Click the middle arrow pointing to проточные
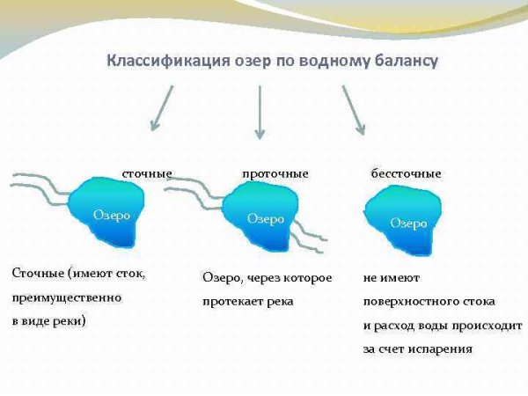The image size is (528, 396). point(259,111)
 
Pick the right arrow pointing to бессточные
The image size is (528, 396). point(353,109)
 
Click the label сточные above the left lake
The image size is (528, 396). point(146,173)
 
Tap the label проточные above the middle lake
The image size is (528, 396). point(275,173)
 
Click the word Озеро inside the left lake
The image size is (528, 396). point(112,214)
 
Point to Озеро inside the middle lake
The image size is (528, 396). point(265,218)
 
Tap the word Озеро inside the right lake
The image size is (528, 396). point(408,223)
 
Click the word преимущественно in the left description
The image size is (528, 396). point(67,297)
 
